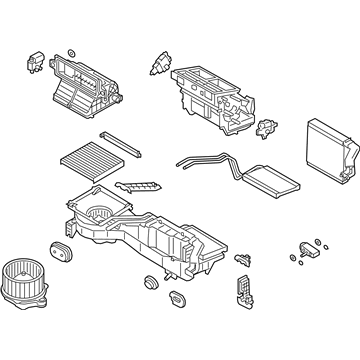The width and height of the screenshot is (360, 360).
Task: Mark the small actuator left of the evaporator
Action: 268,127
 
